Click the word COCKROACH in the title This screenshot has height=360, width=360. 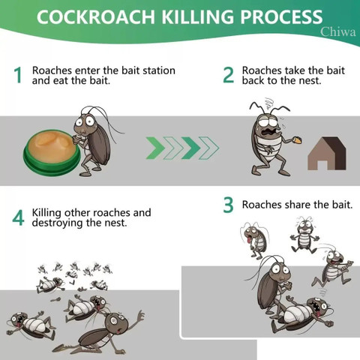tap(96, 17)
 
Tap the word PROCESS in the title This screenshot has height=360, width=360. tap(281, 17)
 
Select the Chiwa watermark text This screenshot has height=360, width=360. tap(338, 31)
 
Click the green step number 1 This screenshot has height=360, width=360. tap(18, 75)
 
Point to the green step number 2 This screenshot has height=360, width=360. tap(228, 75)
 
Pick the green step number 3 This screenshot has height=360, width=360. tap(228, 205)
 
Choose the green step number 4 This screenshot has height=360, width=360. tap(18, 217)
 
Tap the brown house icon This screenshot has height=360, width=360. tap(327, 153)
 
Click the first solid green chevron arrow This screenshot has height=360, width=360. tap(155, 148)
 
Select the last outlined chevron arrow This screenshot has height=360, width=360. tap(209, 148)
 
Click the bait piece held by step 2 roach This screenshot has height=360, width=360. tap(298, 139)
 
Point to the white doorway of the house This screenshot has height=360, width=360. tap(322, 165)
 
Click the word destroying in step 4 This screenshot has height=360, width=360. tap(58, 223)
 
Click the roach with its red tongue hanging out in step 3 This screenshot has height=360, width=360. tap(254, 238)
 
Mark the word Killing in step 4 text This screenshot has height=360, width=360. tap(46, 213)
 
